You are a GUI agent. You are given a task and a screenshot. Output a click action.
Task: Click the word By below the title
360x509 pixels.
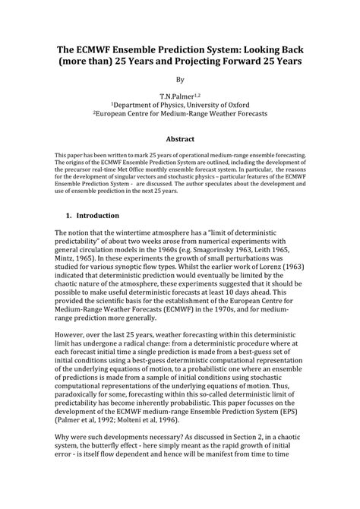tap(180, 79)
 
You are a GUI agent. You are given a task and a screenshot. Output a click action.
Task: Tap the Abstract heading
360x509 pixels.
tap(180, 139)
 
